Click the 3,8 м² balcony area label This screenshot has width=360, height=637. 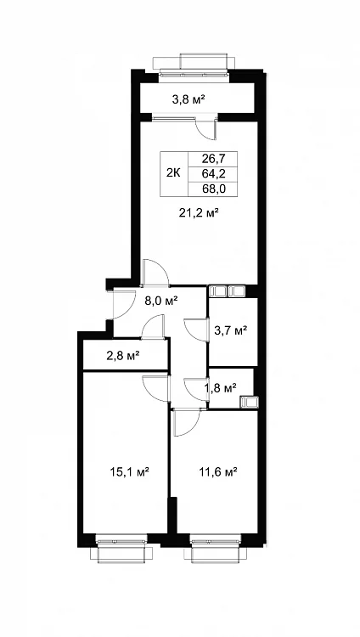click(x=188, y=99)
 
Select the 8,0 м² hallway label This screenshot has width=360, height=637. click(x=161, y=301)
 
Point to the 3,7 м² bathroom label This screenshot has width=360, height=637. click(x=231, y=331)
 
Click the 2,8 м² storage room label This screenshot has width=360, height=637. click(x=123, y=356)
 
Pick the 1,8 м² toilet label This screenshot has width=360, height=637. click(x=220, y=388)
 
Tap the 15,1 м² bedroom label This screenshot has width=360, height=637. click(x=129, y=471)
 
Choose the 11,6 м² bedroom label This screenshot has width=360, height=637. click(x=218, y=471)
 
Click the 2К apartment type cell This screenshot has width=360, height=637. click(x=173, y=173)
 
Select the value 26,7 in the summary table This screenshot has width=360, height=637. click(x=213, y=159)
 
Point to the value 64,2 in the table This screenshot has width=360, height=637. click(x=213, y=173)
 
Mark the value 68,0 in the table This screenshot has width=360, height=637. click(x=213, y=189)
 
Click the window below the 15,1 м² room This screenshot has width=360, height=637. click(x=121, y=548)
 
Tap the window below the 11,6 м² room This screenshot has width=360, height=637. click(x=215, y=548)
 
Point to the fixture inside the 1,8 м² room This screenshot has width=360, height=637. click(x=248, y=402)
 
